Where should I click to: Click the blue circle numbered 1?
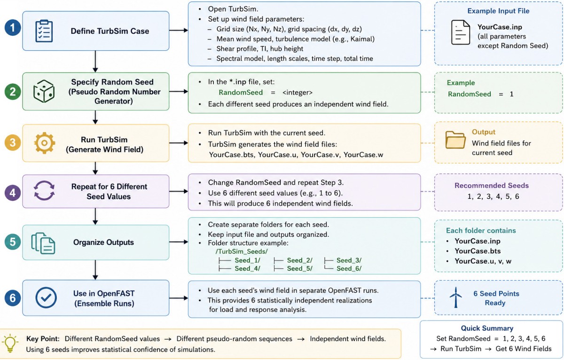pyautogui.click(x=13, y=27)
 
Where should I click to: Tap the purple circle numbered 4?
pyautogui.click(x=13, y=193)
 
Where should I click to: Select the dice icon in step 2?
pyautogui.click(x=44, y=91)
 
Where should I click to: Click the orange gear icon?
pyautogui.click(x=44, y=143)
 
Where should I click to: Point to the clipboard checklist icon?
pyautogui.click(x=44, y=31)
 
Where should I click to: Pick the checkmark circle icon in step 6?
pyautogui.click(x=46, y=297)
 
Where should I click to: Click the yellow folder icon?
pyautogui.click(x=455, y=140)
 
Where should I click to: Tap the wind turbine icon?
pyautogui.click(x=455, y=297)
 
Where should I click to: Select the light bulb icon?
pyautogui.click(x=10, y=343)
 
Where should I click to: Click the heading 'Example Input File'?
pyautogui.click(x=498, y=11)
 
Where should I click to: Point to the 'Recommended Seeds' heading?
pyautogui.click(x=492, y=185)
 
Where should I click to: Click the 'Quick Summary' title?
pyautogui.click(x=487, y=328)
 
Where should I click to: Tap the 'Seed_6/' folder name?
pyautogui.click(x=349, y=268)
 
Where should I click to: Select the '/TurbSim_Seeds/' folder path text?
pyautogui.click(x=242, y=251)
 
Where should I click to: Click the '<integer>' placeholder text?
pyautogui.click(x=298, y=93)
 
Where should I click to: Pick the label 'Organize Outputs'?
pyautogui.click(x=103, y=242)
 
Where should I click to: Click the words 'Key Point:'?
pyautogui.click(x=43, y=338)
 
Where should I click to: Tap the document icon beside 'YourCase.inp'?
pyautogui.click(x=461, y=32)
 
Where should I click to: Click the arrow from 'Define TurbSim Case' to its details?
pyautogui.click(x=179, y=30)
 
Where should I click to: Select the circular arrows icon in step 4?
pyautogui.click(x=44, y=190)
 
